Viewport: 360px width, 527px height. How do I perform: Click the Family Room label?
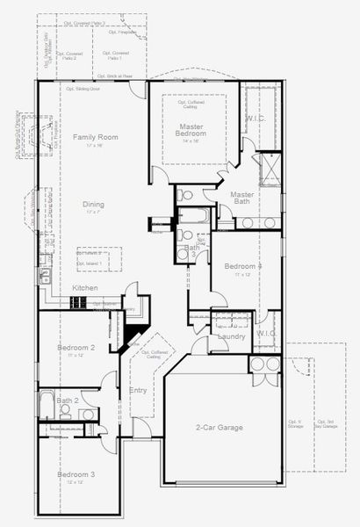[x=95, y=137]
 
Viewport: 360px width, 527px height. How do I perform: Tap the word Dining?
[x=94, y=205]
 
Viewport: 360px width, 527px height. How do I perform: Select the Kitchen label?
[x=85, y=288]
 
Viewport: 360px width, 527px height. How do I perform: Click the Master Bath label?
[x=242, y=199]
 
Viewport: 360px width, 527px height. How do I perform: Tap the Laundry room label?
[x=231, y=336]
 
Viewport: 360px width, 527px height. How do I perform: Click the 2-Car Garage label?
[x=219, y=428]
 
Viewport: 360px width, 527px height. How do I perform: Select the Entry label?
[x=138, y=390]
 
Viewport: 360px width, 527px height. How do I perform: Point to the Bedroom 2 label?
[x=76, y=348]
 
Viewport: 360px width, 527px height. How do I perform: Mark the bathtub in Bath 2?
[x=46, y=408]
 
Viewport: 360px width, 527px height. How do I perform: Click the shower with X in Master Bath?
[x=268, y=164]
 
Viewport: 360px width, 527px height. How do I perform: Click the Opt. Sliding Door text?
[x=83, y=89]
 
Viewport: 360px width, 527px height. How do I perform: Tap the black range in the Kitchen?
[x=78, y=302]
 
